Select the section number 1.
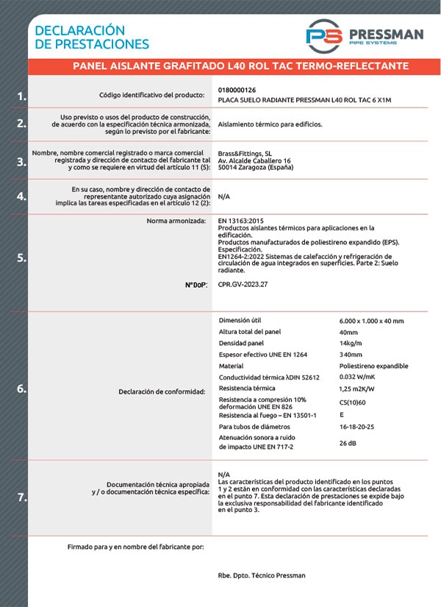22,96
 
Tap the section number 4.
22,196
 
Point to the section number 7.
22,498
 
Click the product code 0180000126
237,90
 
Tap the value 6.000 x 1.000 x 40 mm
371,322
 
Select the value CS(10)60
353,402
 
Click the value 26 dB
349,443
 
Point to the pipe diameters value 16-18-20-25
358,427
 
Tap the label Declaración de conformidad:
161,391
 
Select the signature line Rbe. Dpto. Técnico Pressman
262,575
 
